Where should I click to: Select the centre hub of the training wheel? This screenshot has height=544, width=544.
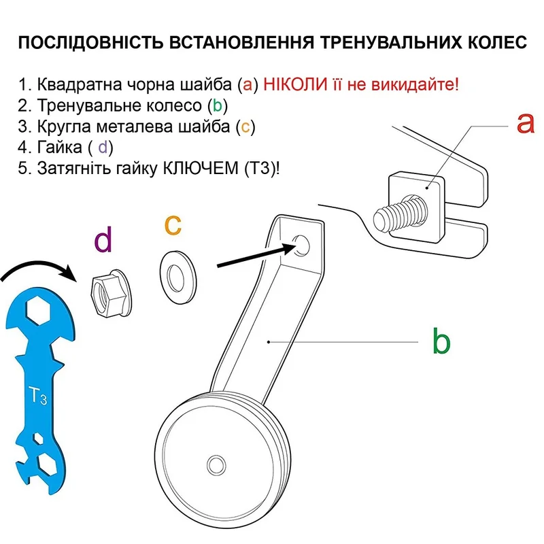[x=218, y=464]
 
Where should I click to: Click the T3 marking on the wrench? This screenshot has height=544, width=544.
[x=37, y=395]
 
